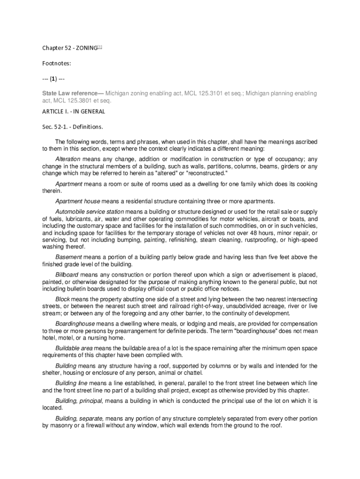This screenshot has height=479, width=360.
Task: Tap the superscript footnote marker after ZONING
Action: [100, 47]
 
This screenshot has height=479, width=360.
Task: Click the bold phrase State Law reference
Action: [72, 94]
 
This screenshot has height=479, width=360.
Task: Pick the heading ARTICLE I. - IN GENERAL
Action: [73, 111]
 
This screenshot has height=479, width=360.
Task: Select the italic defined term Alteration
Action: [68, 159]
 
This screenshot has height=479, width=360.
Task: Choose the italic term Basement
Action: [69, 257]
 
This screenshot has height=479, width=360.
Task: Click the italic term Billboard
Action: [67, 275]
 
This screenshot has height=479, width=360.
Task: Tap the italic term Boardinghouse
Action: [75, 324]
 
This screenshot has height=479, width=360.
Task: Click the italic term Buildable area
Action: [74, 348]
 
